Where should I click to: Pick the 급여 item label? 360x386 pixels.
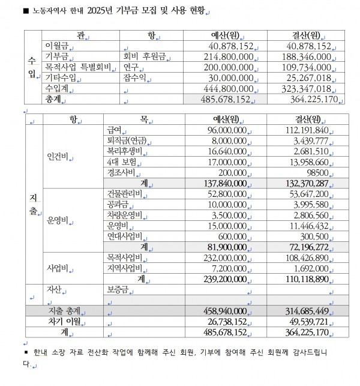pyautogui.click(x=114, y=130)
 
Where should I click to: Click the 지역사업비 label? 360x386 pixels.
pyautogui.click(x=124, y=268)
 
